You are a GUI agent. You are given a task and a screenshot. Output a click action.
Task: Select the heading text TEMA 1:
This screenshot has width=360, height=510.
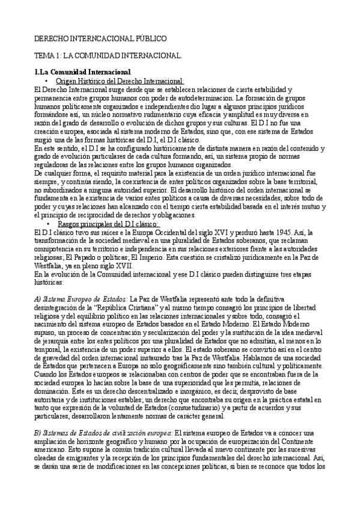click(47, 55)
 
